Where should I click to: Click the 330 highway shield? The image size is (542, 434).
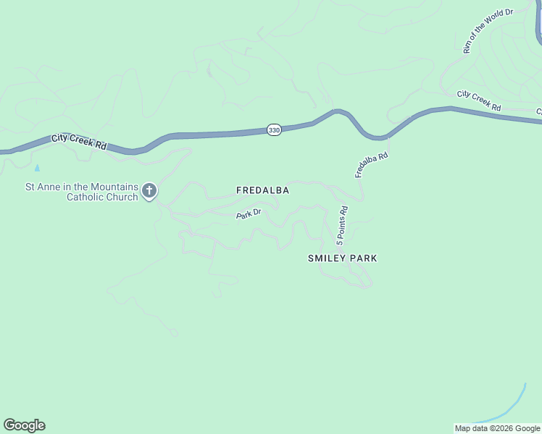(273, 129)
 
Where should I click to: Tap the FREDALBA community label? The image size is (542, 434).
(262, 190)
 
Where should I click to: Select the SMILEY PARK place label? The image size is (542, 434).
(342, 258)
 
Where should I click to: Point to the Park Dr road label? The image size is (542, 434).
(249, 215)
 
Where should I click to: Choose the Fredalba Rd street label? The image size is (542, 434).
(372, 165)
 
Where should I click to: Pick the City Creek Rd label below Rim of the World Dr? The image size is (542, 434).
(479, 101)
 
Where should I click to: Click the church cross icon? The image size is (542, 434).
(149, 191)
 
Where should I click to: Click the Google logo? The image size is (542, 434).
(24, 425)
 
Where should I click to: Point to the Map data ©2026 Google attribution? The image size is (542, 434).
(498, 428)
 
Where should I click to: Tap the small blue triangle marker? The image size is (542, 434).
(37, 168)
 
